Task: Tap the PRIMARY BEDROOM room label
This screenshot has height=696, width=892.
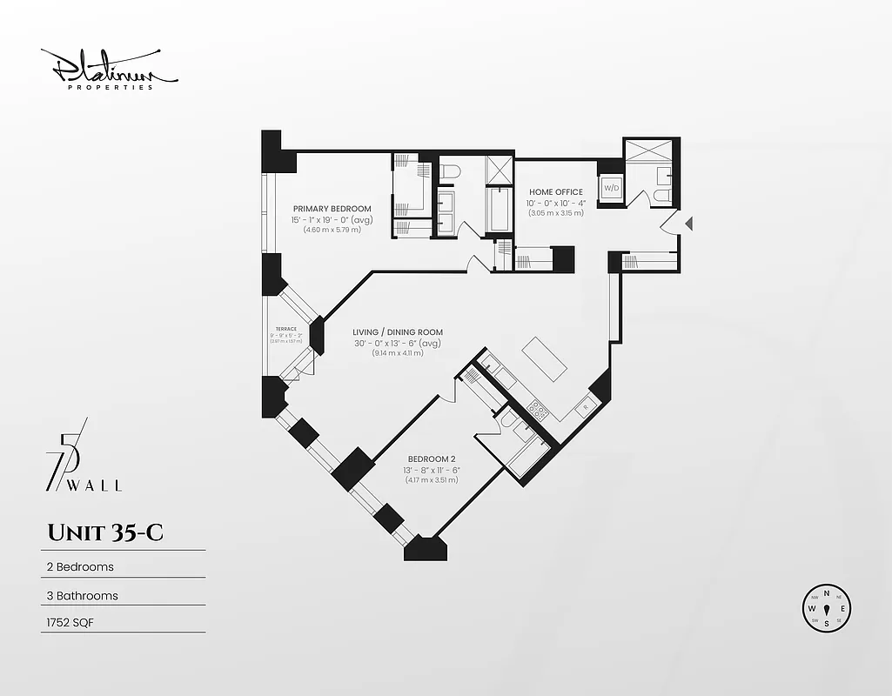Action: [332, 209]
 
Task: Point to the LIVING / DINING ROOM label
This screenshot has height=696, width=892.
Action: [398, 332]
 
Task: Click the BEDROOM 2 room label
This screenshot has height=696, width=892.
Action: [432, 459]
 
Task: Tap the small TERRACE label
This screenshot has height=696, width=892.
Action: [285, 329]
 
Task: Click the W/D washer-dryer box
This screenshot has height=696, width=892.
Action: [609, 188]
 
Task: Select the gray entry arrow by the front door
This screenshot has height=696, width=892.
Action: [689, 224]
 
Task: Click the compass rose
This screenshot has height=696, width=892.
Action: [826, 607]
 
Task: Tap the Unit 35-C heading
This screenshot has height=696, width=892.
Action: [104, 533]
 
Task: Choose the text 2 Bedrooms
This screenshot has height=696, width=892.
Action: [80, 566]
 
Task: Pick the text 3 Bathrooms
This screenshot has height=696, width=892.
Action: [82, 596]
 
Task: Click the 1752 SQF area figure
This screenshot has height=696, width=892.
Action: [70, 624]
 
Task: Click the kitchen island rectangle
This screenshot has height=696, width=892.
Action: [544, 358]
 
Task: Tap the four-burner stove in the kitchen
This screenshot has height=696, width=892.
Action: [536, 410]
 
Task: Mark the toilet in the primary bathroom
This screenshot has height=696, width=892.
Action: [449, 172]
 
